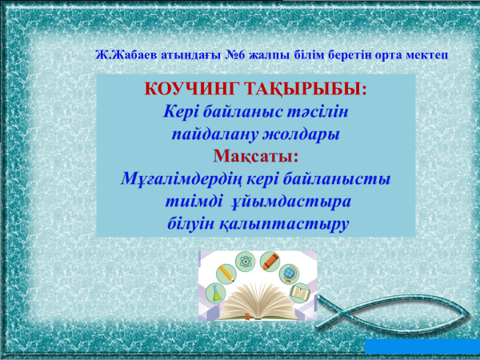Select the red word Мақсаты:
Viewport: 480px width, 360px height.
tap(256, 156)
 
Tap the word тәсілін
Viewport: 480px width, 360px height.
tap(318, 112)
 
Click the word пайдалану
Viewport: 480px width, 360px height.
tap(215, 134)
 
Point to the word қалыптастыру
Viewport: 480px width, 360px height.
tap(284, 224)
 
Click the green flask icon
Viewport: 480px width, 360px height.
tap(216, 293)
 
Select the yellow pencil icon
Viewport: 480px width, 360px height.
tap(226, 274)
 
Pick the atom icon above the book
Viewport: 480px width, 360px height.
tap(246, 262)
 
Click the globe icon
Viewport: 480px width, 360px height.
tap(289, 274)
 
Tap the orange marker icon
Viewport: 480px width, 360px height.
tap(270, 262)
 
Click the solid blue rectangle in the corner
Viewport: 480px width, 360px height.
tap(422, 346)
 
